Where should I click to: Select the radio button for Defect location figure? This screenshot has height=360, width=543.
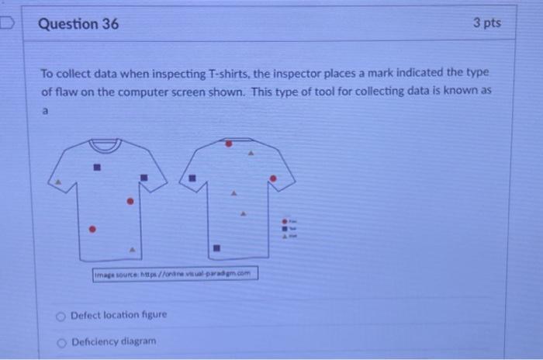61,315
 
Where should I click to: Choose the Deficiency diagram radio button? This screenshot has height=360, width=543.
61,341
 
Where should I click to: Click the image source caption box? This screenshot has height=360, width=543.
175,274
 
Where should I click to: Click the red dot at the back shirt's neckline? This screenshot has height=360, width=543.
228,144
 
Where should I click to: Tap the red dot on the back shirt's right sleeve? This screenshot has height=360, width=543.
271,178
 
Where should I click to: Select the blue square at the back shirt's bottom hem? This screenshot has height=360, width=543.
217,249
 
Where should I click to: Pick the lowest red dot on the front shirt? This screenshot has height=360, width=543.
92,229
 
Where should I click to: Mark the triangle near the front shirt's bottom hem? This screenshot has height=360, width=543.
133,250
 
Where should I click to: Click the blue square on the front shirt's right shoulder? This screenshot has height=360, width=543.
144,177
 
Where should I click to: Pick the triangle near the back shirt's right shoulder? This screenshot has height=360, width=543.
250,154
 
